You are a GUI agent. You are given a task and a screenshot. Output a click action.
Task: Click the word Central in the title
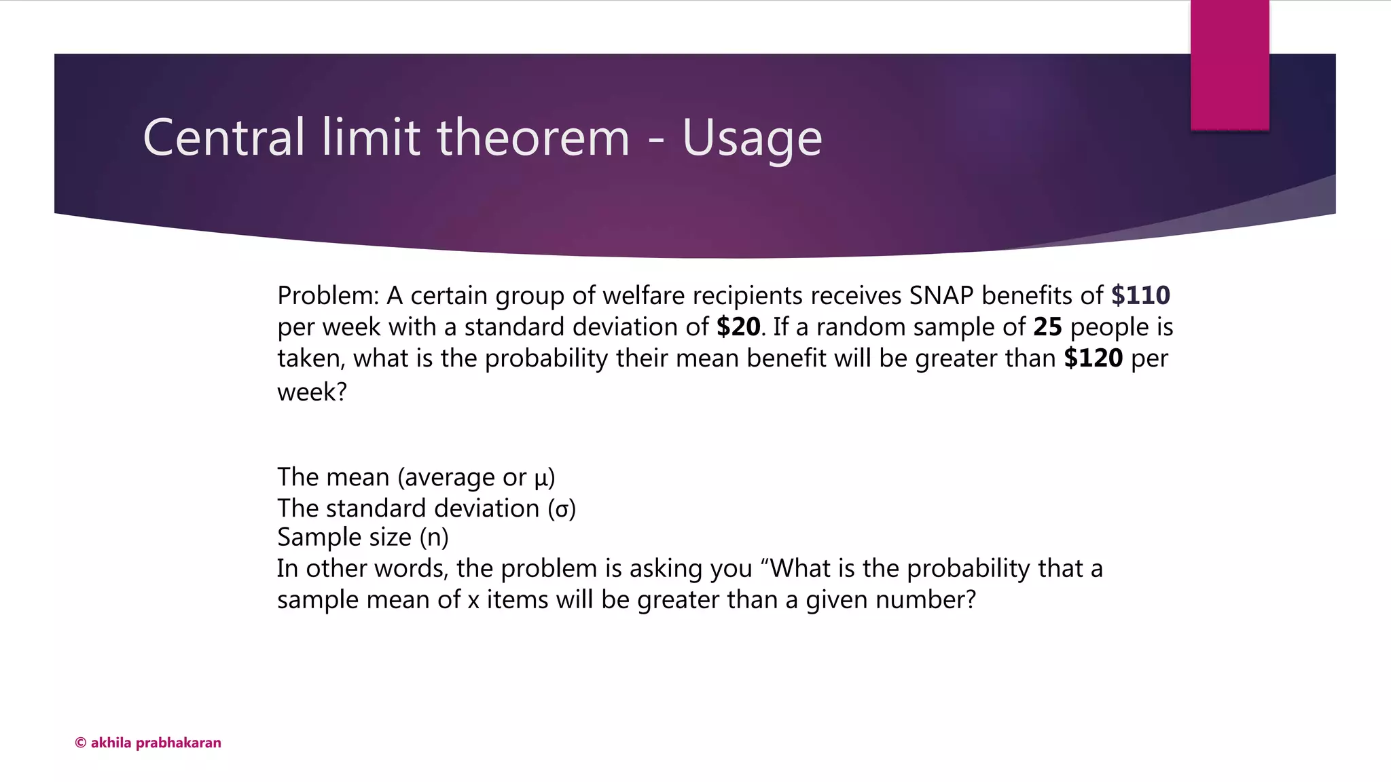pos(223,138)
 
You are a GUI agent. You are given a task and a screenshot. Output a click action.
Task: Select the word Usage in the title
pos(752,139)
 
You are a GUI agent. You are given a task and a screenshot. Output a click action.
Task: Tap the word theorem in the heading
pos(533,138)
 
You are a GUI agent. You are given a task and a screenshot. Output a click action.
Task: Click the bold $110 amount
pos(1140,295)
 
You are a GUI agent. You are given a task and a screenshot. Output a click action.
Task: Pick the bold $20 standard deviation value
pos(738,327)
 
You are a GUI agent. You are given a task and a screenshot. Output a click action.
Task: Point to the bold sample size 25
pos(1047,327)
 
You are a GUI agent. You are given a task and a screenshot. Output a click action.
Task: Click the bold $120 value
pos(1094,358)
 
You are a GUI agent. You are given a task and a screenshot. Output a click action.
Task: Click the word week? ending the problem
pos(312,392)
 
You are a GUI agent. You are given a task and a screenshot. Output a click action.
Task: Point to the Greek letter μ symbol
pos(541,479)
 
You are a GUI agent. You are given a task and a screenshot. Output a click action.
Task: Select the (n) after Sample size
pos(434,538)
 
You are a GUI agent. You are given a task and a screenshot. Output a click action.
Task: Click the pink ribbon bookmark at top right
pos(1229,64)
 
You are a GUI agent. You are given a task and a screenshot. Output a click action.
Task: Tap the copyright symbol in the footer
pos(80,743)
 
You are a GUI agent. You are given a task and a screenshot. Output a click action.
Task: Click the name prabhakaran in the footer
pos(179,743)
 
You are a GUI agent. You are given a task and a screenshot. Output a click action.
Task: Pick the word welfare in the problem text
pos(643,295)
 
